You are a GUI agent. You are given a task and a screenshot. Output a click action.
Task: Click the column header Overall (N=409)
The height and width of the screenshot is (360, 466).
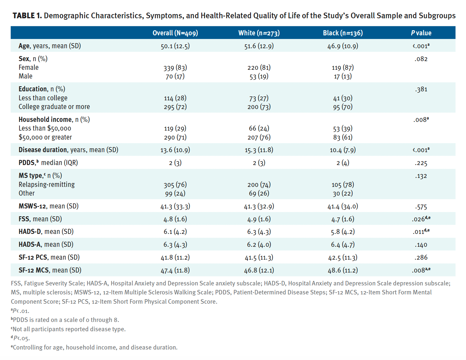coord(175,33)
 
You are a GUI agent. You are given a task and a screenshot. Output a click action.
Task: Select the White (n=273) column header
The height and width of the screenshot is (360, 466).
coord(259,33)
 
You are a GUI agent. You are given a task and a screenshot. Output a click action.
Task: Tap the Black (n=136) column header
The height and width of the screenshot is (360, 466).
coord(343,33)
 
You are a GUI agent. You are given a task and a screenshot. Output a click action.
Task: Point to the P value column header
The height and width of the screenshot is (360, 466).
coord(421,33)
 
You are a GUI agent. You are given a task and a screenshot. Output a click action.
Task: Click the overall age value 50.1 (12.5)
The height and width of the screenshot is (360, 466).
coord(175,46)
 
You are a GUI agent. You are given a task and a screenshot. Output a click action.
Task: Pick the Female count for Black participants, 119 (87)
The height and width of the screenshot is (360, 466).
coord(343,68)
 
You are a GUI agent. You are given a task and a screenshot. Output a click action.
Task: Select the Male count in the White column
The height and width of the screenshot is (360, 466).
coord(259,77)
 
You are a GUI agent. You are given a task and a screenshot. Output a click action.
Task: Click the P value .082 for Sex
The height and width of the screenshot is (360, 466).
coord(421,59)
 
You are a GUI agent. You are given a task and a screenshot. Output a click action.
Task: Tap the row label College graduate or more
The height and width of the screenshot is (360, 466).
coord(54,107)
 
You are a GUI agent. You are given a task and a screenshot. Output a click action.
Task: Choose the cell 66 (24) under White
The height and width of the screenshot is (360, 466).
coord(259,128)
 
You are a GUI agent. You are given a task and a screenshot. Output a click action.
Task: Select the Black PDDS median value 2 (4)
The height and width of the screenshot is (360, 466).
coord(343,163)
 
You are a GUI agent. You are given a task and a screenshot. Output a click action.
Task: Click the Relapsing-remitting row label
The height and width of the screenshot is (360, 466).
coord(46,184)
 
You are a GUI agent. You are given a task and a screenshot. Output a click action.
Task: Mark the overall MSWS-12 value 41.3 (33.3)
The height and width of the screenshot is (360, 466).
coord(175,206)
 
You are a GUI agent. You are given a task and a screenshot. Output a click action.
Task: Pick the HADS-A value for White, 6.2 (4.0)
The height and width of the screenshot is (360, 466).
coord(259,245)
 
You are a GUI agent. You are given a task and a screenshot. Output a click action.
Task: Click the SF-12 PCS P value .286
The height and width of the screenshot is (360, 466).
coord(421,257)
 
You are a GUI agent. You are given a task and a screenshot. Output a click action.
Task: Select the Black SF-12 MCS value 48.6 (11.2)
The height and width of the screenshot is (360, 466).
coord(343,270)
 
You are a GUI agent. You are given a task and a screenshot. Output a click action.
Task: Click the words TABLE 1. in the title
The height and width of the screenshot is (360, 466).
coord(27,16)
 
